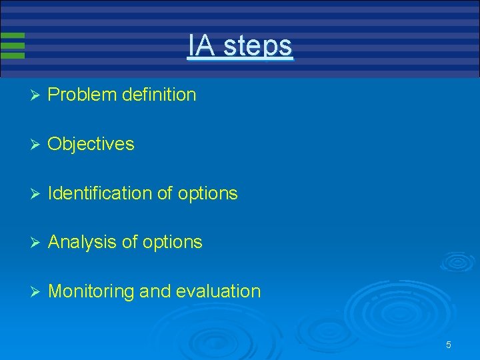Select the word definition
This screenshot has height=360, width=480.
(x=159, y=95)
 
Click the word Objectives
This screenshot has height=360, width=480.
(x=91, y=144)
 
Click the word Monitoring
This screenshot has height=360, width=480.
(x=91, y=291)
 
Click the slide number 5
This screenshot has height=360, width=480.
(x=449, y=345)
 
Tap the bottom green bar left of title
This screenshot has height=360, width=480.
(x=13, y=56)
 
